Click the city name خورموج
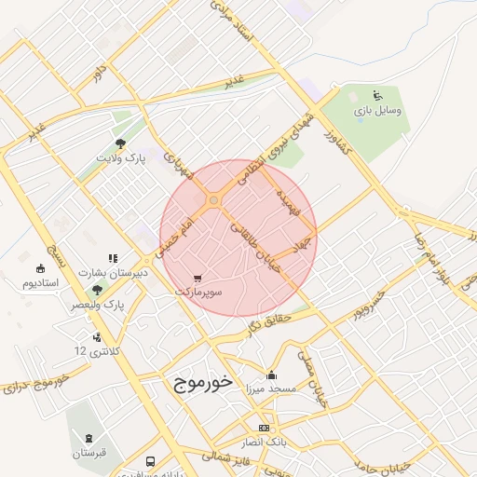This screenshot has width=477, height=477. point(202,383)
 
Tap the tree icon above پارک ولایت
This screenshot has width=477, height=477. point(120,143)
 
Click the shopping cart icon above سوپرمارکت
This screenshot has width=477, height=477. point(197,278)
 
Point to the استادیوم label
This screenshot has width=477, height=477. point(41,282)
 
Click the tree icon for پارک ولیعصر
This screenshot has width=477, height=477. point(97,291)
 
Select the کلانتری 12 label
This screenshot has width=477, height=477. point(97,351)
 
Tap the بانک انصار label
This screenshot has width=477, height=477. point(266,440)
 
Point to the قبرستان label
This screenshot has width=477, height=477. point(89,453)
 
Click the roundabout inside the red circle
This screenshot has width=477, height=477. point(213,200)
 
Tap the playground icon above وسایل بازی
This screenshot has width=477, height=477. point(377,95)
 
